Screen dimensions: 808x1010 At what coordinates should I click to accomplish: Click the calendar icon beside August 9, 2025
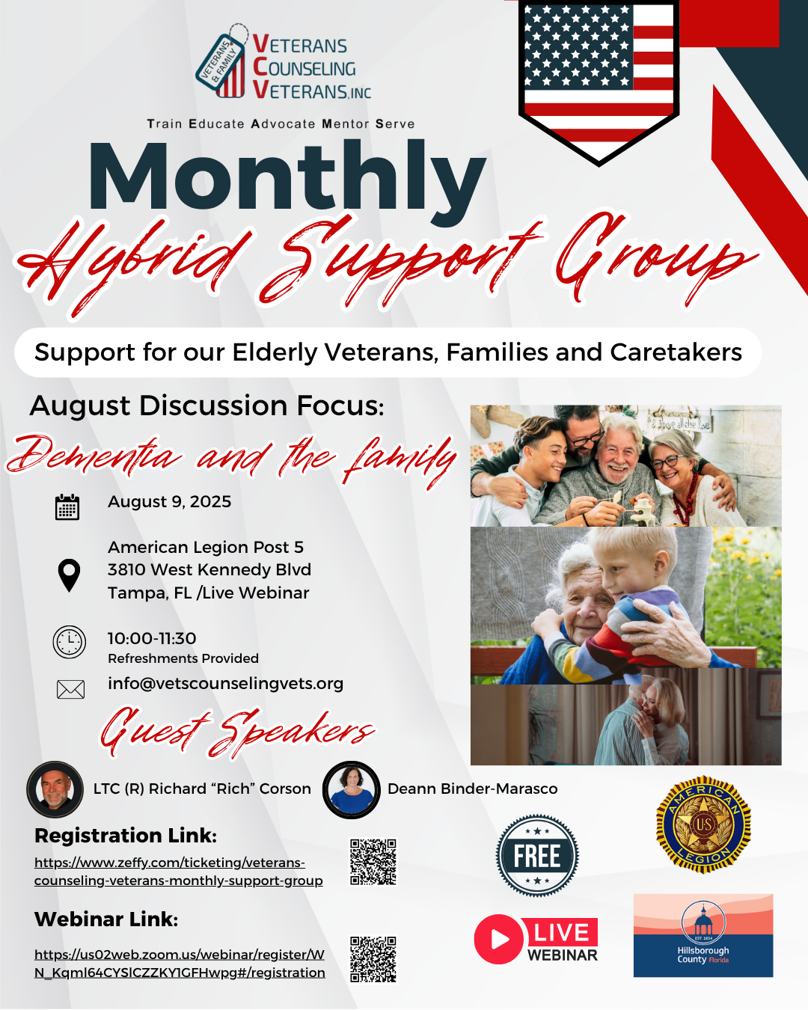[67, 507]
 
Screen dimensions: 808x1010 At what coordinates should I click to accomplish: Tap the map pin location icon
[69, 575]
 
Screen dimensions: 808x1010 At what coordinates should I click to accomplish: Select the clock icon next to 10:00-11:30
[70, 642]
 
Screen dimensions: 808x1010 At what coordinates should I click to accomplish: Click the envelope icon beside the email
[70, 689]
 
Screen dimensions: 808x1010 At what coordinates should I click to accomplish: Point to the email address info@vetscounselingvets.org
[225, 683]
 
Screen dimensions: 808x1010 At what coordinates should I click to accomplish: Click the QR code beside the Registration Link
[373, 861]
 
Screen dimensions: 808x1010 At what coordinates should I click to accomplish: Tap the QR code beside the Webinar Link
[373, 959]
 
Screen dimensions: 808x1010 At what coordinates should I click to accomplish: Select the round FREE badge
[537, 855]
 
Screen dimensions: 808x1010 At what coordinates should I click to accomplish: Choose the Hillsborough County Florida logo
[703, 935]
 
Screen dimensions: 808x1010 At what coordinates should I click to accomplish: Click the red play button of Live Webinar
[498, 939]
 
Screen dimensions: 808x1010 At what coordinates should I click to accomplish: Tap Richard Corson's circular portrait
[55, 789]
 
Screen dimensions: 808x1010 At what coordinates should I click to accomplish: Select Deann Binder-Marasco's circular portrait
[351, 789]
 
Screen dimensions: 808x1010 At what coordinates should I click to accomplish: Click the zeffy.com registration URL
[178, 872]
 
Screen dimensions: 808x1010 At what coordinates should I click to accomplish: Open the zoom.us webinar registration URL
[180, 964]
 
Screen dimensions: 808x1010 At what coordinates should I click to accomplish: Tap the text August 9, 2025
[170, 502]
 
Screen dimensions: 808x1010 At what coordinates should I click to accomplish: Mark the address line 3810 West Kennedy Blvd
[209, 570]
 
